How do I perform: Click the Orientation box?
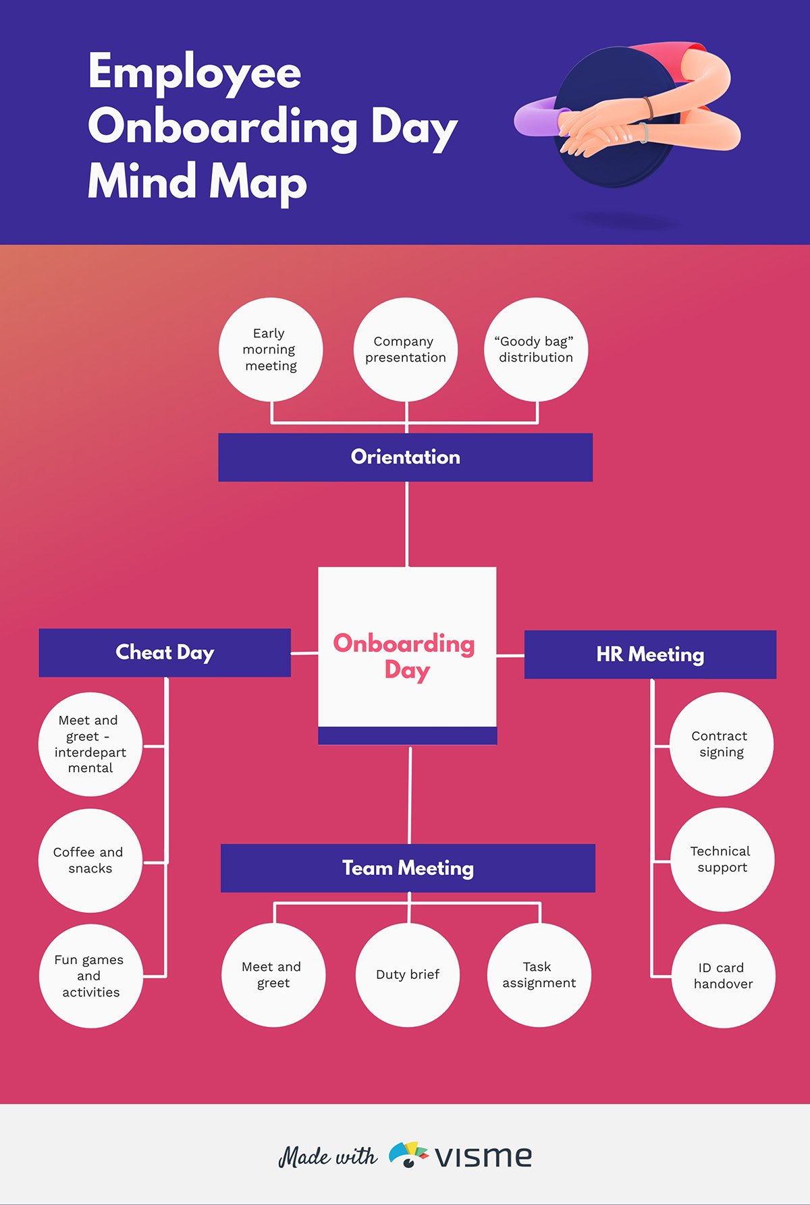(405, 457)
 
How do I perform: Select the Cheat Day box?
(165, 652)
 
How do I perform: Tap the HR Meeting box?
(650, 654)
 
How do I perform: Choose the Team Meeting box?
(408, 868)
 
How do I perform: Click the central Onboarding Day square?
(407, 654)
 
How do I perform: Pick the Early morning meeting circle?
(271, 349)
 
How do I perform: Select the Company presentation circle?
(406, 349)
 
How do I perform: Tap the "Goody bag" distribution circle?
(536, 349)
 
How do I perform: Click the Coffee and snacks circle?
(90, 860)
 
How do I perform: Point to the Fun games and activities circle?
(90, 976)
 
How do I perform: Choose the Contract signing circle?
(722, 744)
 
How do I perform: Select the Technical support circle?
(722, 860)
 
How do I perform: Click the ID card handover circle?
(723, 976)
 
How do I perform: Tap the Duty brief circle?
(408, 974)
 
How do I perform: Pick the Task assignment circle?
(539, 974)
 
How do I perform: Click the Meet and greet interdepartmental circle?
(90, 744)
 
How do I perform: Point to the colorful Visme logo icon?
(408, 1154)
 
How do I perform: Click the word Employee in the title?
(194, 73)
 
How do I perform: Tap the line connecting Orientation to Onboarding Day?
(406, 524)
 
